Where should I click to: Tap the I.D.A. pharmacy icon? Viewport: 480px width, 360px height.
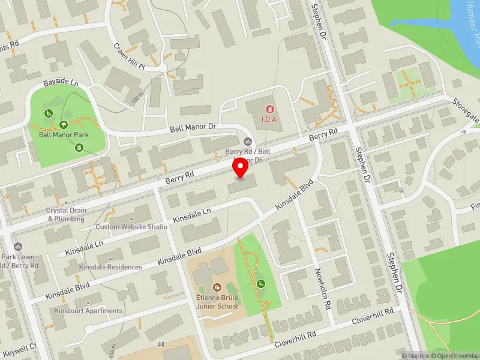pos(269,109)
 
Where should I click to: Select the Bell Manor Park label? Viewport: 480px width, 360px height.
pos(64,135)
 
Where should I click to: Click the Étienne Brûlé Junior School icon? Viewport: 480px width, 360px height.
pos(216,287)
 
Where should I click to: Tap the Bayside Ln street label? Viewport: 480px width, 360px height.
pos(61,84)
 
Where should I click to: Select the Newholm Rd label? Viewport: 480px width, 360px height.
pos(328,287)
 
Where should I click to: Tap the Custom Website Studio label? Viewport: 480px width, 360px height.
pos(131,227)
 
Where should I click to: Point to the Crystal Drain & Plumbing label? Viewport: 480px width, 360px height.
pos(67,215)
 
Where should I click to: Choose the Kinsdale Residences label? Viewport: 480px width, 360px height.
pos(110,267)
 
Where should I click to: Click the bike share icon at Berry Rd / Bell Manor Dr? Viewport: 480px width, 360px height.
pos(247,142)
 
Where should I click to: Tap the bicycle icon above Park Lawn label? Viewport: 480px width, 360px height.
pos(19,247)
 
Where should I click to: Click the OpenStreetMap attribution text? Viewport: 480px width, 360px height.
pos(452,356)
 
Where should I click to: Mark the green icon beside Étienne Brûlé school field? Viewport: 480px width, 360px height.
pos(260,284)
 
